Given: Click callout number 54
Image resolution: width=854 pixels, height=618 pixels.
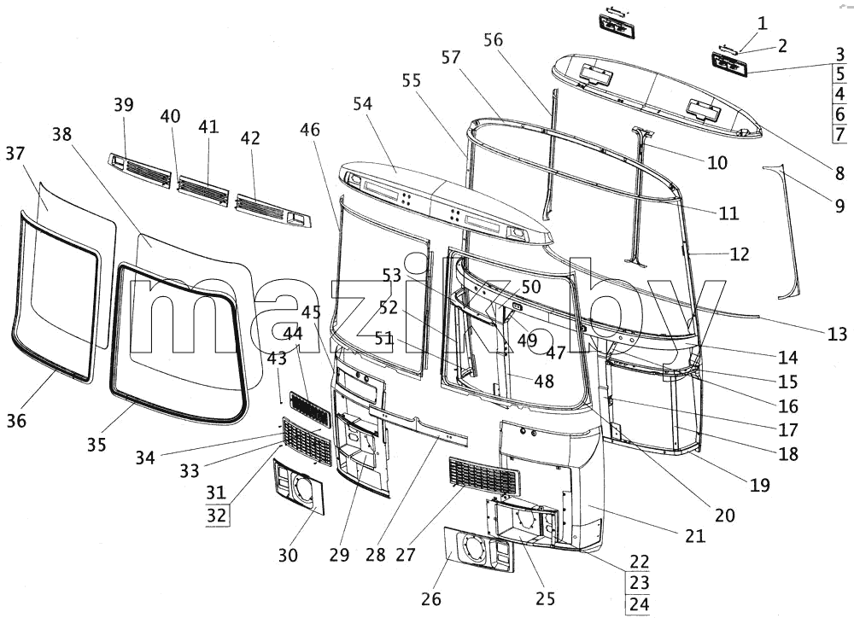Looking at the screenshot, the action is pos(362,103).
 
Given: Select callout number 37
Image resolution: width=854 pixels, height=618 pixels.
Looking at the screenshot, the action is pos(15,154).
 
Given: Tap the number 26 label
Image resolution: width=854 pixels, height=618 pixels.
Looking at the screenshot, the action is pos(431,599).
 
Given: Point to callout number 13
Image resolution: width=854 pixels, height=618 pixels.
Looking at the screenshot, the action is pos(838,334).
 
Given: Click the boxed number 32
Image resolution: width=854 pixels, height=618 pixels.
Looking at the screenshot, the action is pos(216,515).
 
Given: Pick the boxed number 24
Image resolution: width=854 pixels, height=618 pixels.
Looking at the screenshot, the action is pos(640,603).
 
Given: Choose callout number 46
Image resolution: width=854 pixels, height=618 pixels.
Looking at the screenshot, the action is pos(310,130).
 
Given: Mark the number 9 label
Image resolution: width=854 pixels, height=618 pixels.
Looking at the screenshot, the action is pos(839,205).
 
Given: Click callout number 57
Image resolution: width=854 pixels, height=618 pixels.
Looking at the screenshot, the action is pos(451,57).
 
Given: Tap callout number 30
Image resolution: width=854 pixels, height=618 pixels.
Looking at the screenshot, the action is pos(288,555).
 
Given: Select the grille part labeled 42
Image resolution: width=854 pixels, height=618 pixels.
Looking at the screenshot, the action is pos(273,211).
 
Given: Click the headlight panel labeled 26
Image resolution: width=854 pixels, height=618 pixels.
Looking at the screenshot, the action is pos(479,549).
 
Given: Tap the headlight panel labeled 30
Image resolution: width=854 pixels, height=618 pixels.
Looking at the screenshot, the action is pos(298,487).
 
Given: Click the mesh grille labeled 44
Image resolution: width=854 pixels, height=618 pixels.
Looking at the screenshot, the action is pos(309,408).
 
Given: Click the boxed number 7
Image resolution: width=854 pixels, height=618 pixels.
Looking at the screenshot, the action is pos(839,133).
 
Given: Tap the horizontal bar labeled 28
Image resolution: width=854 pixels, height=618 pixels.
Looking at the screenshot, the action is pos(418,422).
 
